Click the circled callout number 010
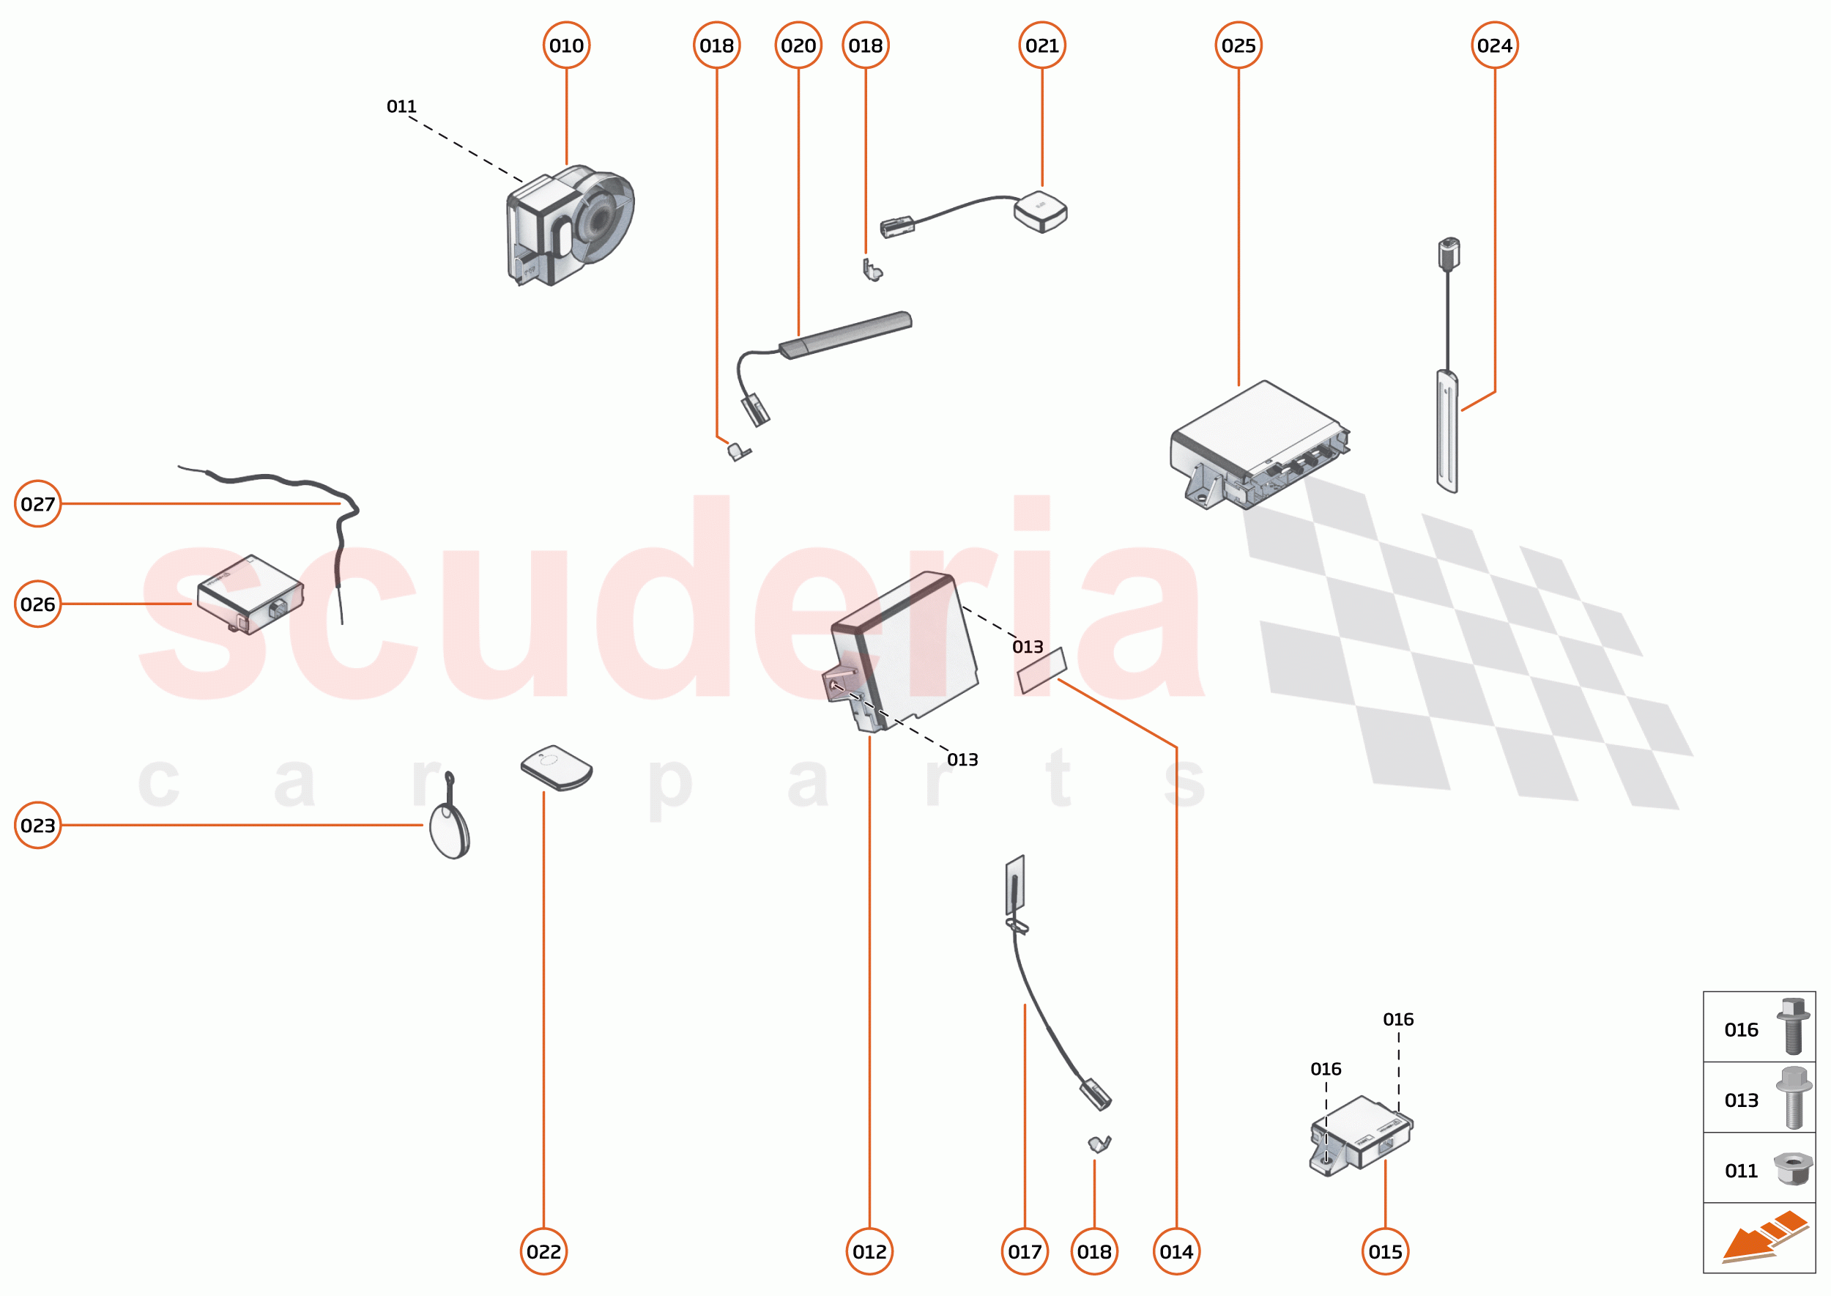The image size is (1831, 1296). pos(566,45)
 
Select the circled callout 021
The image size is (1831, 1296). pos(1042,45)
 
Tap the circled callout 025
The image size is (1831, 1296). pos(1238,45)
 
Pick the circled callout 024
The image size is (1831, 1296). pos(1494,45)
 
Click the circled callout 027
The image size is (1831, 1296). pos(38,503)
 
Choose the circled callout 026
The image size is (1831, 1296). pos(38,604)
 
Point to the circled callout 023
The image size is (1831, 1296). pos(38,825)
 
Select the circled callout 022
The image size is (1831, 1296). pos(543,1251)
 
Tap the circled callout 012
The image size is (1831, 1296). pos(869,1251)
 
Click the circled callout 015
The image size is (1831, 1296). pos(1385,1251)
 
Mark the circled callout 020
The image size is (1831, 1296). pos(798,45)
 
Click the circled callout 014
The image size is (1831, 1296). pos(1176,1251)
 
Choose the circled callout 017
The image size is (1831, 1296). pos(1025,1251)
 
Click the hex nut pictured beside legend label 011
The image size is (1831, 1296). pos(1793,1169)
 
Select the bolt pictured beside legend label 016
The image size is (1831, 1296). pos(1793,1026)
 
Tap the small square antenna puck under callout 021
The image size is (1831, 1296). pos(1040,212)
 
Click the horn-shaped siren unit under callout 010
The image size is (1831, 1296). pos(571,225)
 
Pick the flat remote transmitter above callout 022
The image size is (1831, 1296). pos(557,768)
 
